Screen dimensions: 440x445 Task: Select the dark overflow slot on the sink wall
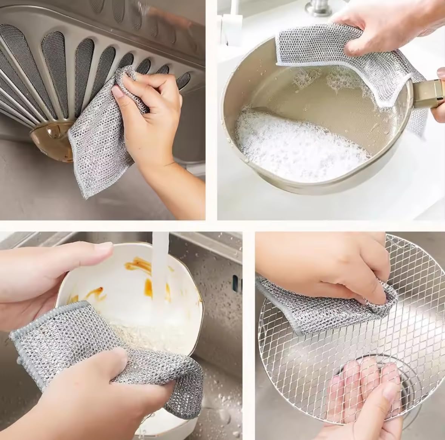coord(235,281)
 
